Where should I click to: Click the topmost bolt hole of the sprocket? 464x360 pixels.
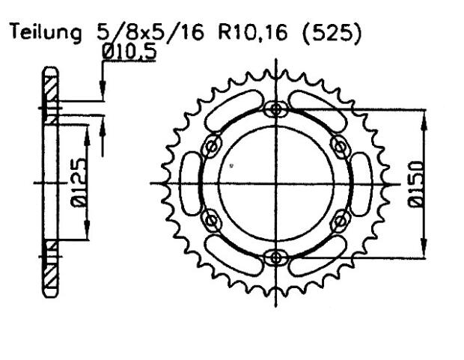pos(278,110)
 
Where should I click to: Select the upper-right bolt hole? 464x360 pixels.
pos(341,146)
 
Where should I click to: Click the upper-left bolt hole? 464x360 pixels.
pos(213,146)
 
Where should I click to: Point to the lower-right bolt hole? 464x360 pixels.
pos(341,220)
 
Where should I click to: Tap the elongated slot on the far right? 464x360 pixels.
pos(362,183)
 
